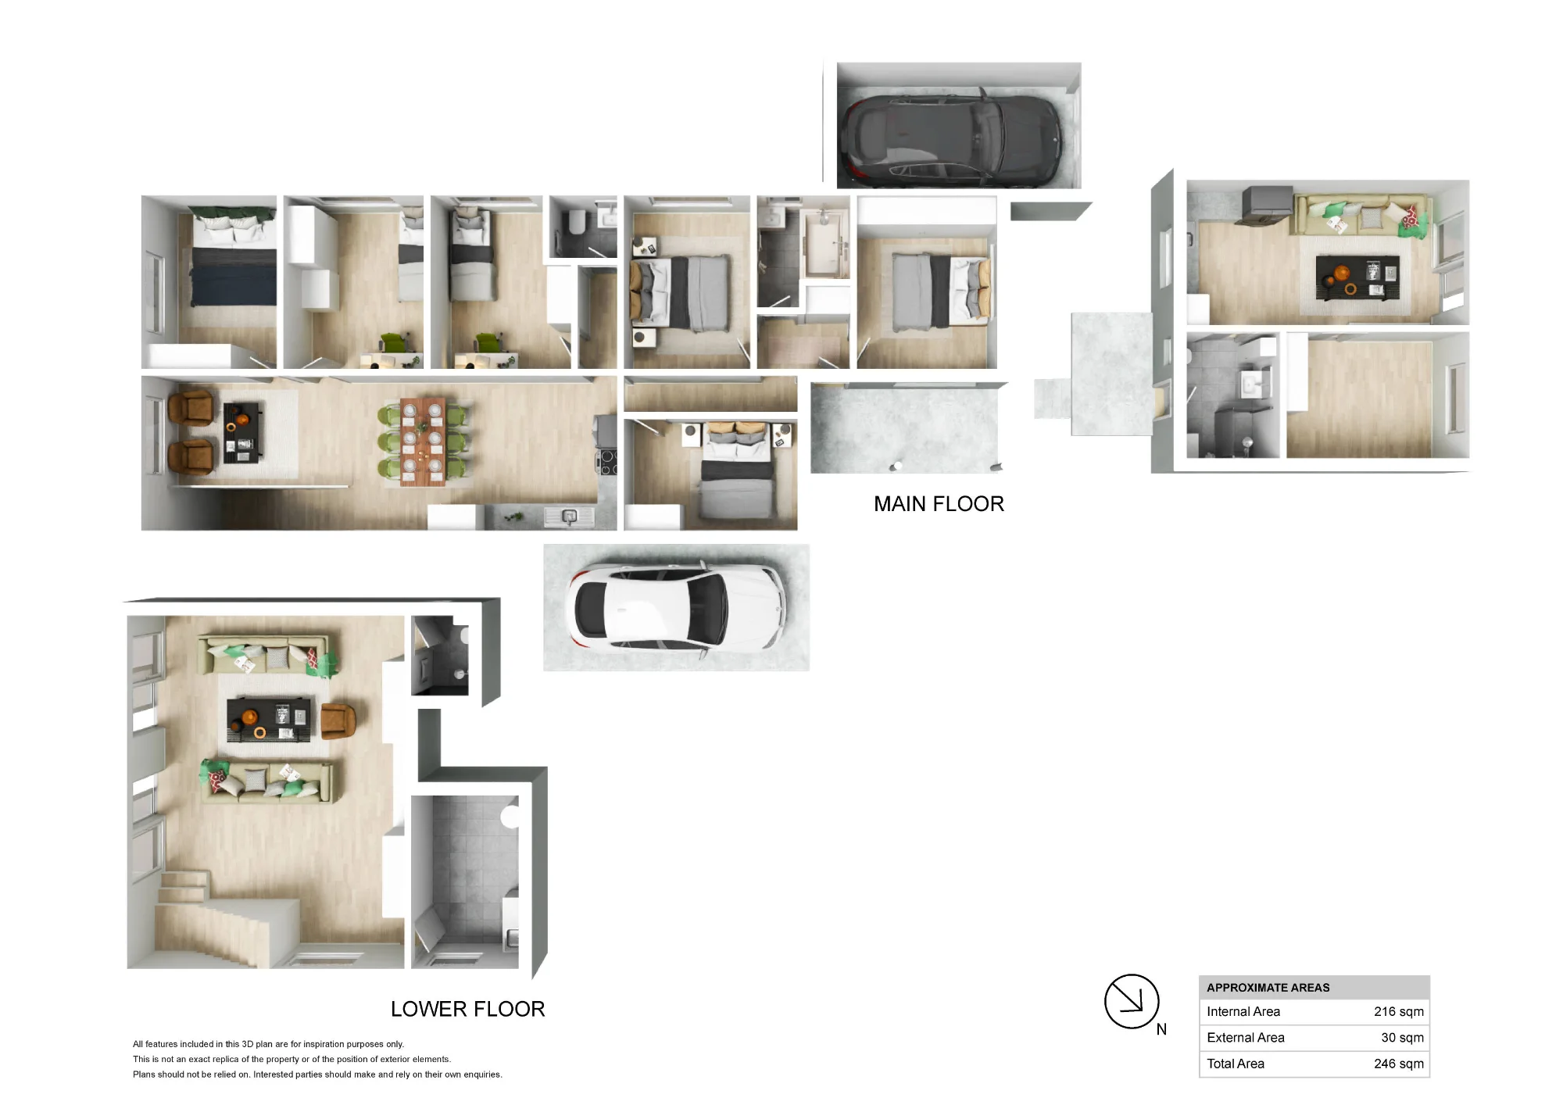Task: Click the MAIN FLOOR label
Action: [x=939, y=504]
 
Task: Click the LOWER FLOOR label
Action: [x=467, y=1009]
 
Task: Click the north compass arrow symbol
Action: [x=1131, y=1001]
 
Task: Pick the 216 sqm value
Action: [x=1398, y=1011]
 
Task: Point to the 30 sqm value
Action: [x=1402, y=1038]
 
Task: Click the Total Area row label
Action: [x=1235, y=1064]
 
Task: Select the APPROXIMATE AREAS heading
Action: [x=1268, y=988]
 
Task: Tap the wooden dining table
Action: [x=423, y=442]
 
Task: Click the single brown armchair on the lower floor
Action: [x=338, y=720]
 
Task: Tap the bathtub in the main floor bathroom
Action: [x=826, y=244]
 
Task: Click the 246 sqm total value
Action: [x=1398, y=1064]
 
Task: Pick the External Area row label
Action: [x=1245, y=1038]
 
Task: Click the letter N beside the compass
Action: [x=1161, y=1030]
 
